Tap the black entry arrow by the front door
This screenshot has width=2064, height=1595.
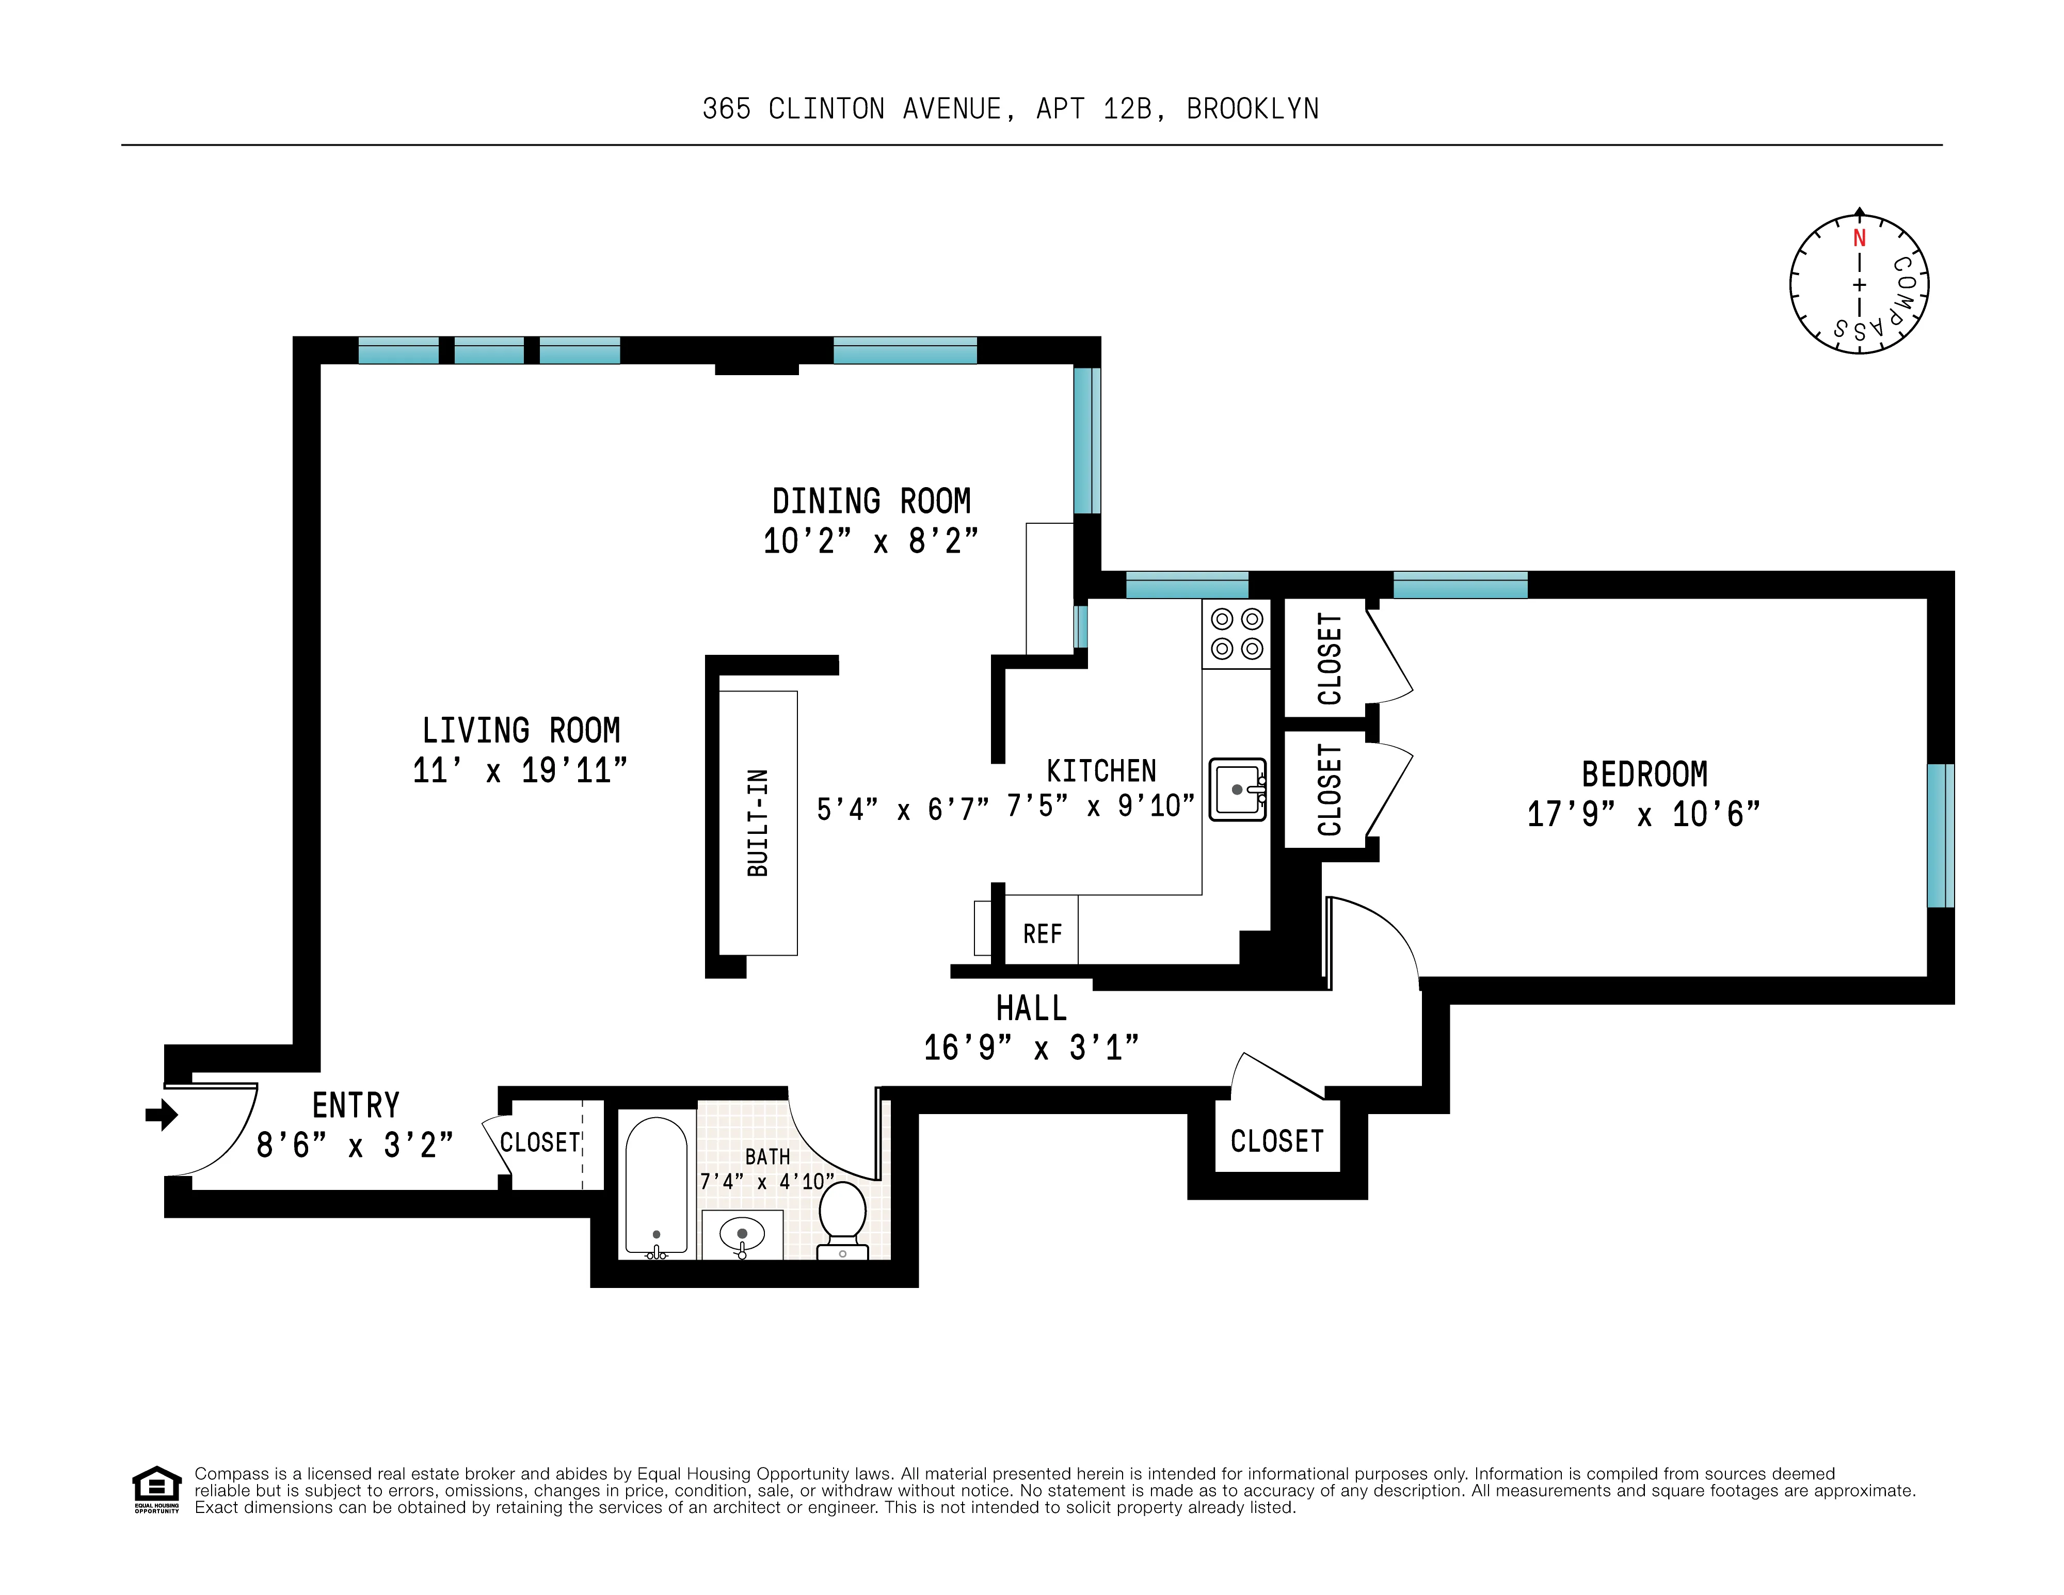click(x=163, y=1115)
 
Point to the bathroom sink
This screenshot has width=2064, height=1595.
click(x=742, y=1234)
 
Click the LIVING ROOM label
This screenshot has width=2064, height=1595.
click(x=521, y=730)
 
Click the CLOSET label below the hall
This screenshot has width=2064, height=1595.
click(x=1277, y=1141)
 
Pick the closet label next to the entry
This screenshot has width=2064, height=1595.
click(x=540, y=1142)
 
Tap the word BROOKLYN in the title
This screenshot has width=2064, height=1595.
click(x=1252, y=109)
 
